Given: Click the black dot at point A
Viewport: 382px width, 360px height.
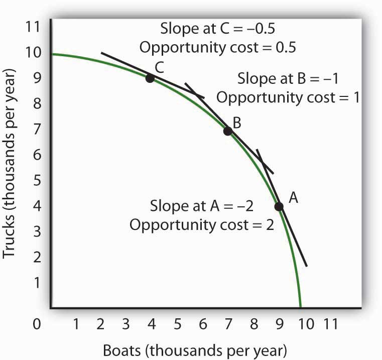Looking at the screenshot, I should coord(279,206).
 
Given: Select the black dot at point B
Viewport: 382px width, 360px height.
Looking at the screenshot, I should coord(227,131).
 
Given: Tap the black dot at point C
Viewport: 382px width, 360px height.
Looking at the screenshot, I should coord(150,78).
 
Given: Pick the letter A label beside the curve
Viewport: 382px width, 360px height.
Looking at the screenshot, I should coord(294,198).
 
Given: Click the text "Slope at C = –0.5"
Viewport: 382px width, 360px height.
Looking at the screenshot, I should coord(217,29).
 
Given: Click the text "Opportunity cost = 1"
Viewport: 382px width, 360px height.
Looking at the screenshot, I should coord(288,97).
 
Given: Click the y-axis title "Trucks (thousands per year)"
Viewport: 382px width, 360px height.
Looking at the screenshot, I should coord(12,166).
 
